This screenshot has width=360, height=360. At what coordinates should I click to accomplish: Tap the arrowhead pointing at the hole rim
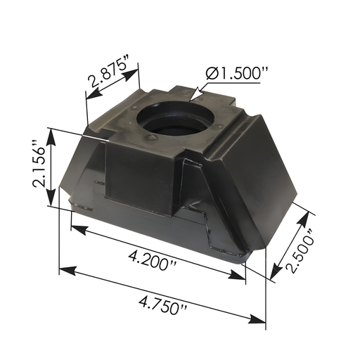click(193, 95)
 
